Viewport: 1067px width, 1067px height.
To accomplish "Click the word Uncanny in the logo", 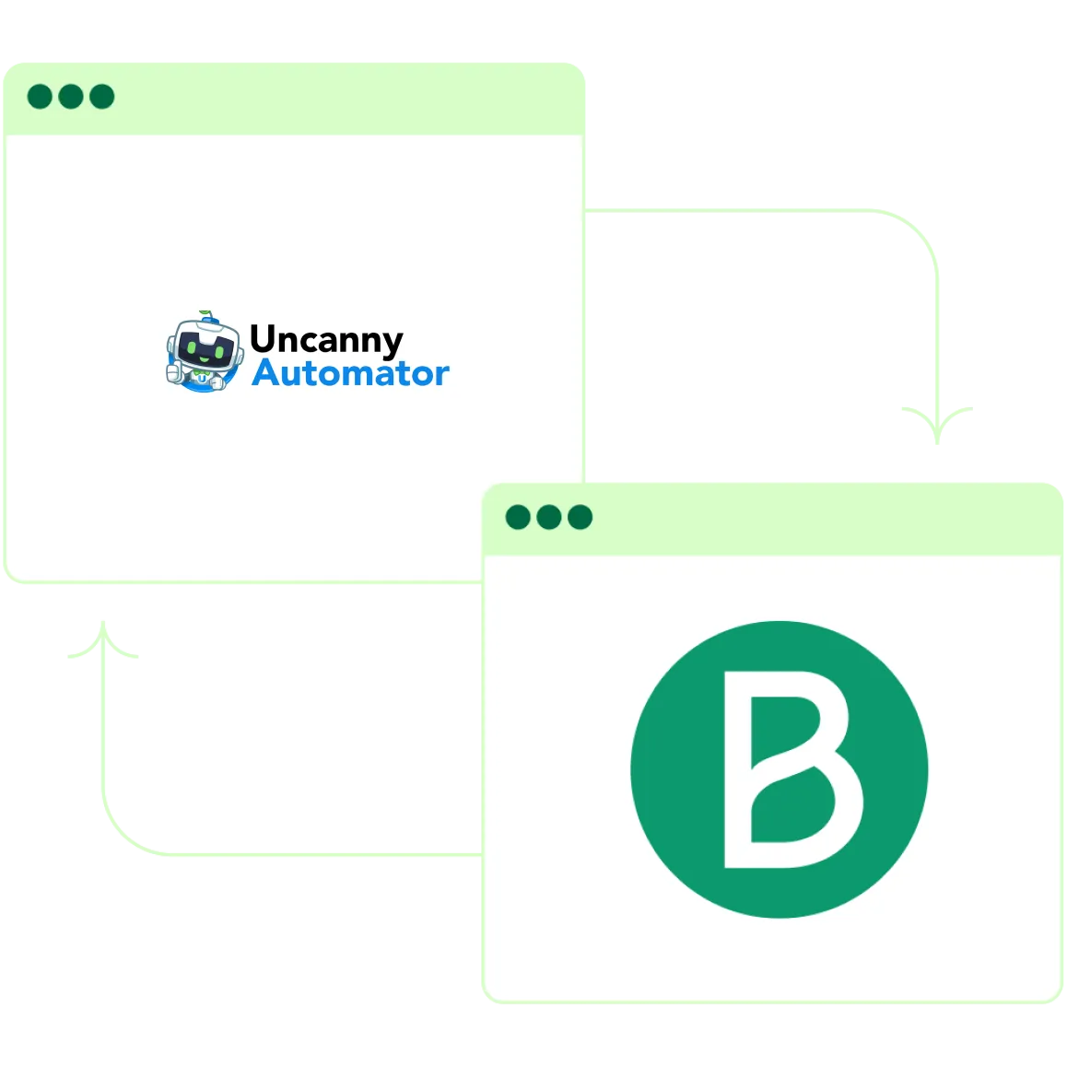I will [326, 340].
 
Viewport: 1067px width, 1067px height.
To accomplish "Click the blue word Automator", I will [350, 373].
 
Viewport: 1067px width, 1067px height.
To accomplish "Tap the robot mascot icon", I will [200, 353].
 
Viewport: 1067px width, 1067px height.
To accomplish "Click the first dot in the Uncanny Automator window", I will [40, 97].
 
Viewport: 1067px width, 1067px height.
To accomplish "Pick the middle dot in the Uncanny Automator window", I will [71, 97].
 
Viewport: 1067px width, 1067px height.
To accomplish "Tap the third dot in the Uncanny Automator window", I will [101, 97].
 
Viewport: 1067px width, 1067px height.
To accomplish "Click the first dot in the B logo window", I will [518, 517].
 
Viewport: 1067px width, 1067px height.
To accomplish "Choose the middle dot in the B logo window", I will [549, 517].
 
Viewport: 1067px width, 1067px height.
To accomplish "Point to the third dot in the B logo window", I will [580, 517].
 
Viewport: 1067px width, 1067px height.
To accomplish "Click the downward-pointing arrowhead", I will [936, 424].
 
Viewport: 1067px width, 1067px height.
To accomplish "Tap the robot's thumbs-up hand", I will [174, 371].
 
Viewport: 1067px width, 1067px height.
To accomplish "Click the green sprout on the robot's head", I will [206, 314].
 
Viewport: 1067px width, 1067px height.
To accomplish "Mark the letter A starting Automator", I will [267, 373].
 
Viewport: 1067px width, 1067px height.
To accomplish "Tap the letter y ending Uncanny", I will [393, 344].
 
